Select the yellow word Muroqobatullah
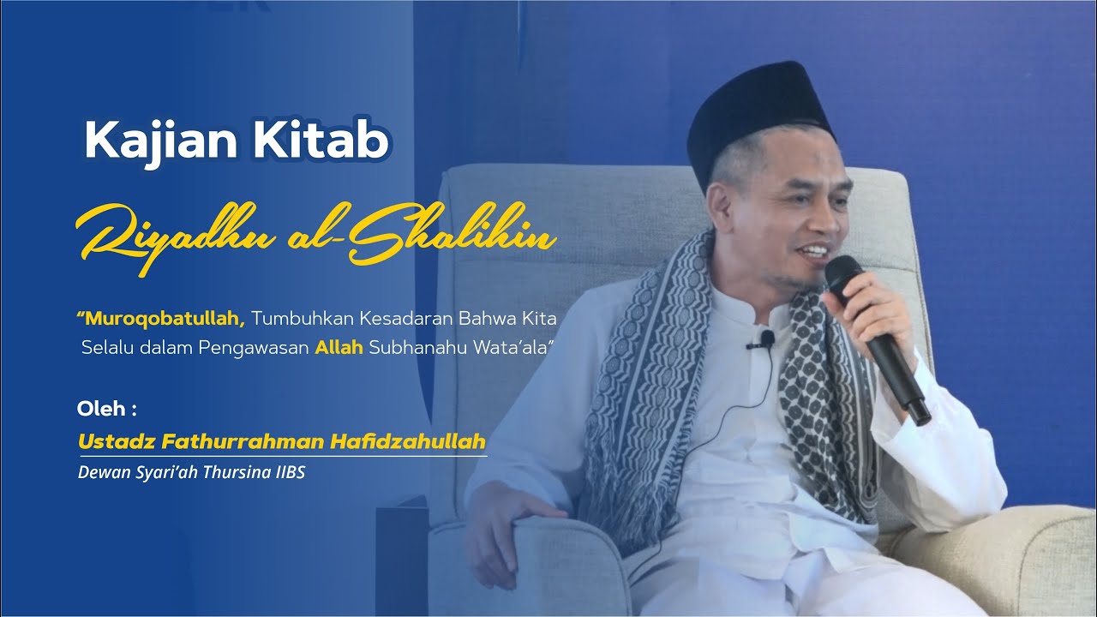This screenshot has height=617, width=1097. point(164,319)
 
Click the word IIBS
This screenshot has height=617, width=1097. point(288,471)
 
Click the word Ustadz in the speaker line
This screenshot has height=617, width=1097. point(108,442)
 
